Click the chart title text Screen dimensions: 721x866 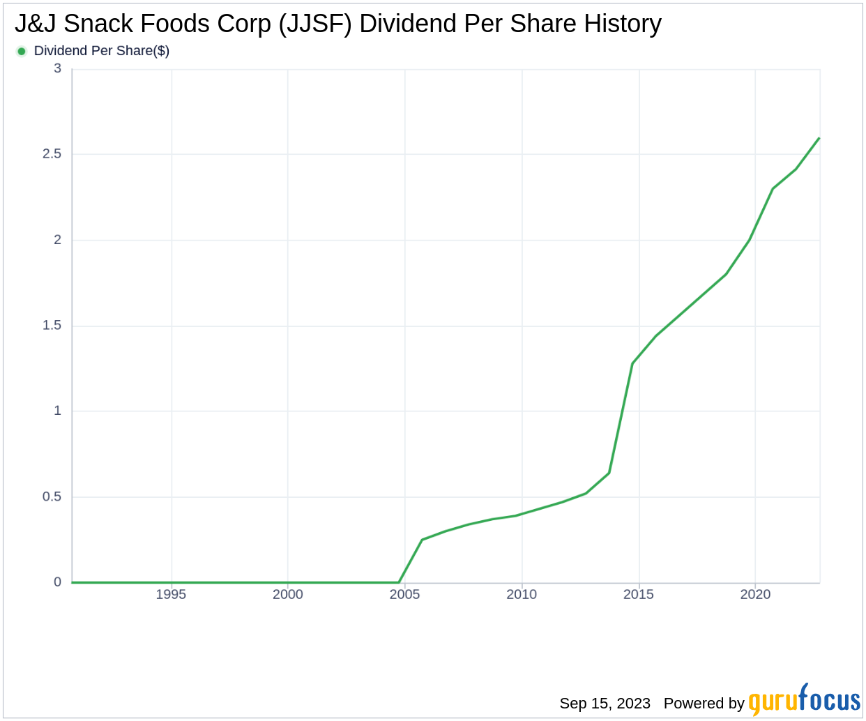pyautogui.click(x=337, y=24)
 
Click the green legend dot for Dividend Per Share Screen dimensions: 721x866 pyautogui.click(x=22, y=51)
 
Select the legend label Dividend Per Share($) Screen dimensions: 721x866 pyautogui.click(x=102, y=51)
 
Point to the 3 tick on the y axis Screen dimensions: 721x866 pyautogui.click(x=57, y=68)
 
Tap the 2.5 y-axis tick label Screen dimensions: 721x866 pyautogui.click(x=52, y=154)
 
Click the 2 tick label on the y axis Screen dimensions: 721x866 pyautogui.click(x=57, y=240)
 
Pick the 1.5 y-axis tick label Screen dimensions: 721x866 pyautogui.click(x=52, y=326)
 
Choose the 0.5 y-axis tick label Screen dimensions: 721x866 pyautogui.click(x=52, y=497)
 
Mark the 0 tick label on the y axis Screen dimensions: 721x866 pyautogui.click(x=57, y=582)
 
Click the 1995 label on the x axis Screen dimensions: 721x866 pyautogui.click(x=171, y=595)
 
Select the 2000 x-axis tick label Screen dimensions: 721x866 pyautogui.click(x=288, y=595)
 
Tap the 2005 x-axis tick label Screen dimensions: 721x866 pyautogui.click(x=404, y=595)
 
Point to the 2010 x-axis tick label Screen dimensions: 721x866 pyautogui.click(x=522, y=595)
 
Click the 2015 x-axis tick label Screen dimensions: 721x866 pyautogui.click(x=639, y=595)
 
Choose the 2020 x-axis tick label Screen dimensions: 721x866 pyautogui.click(x=755, y=595)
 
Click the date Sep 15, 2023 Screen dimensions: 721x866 pyautogui.click(x=605, y=704)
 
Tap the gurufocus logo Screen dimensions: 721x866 pyautogui.click(x=804, y=700)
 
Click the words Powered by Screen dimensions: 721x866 pyautogui.click(x=704, y=704)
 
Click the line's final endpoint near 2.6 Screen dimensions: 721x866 pyautogui.click(x=819, y=138)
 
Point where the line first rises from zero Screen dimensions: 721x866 pyautogui.click(x=399, y=582)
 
